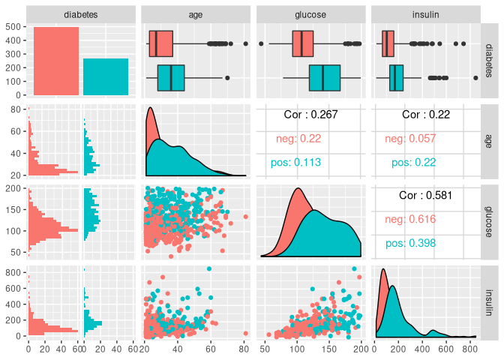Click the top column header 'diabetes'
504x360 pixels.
pyautogui.click(x=81, y=13)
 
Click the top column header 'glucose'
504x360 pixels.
pyautogui.click(x=310, y=13)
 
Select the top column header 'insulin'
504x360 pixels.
pyautogui.click(x=425, y=13)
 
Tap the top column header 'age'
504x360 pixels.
pyautogui.click(x=196, y=13)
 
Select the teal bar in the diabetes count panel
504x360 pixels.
pyautogui.click(x=106, y=77)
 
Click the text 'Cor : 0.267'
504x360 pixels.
pyautogui.click(x=310, y=115)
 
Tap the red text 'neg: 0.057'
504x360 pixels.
pyautogui.click(x=410, y=139)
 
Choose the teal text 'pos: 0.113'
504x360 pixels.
pyautogui.click(x=295, y=163)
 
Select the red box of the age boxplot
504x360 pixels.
pyautogui.click(x=160, y=43)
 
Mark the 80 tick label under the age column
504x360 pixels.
pyautogui.click(x=244, y=348)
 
